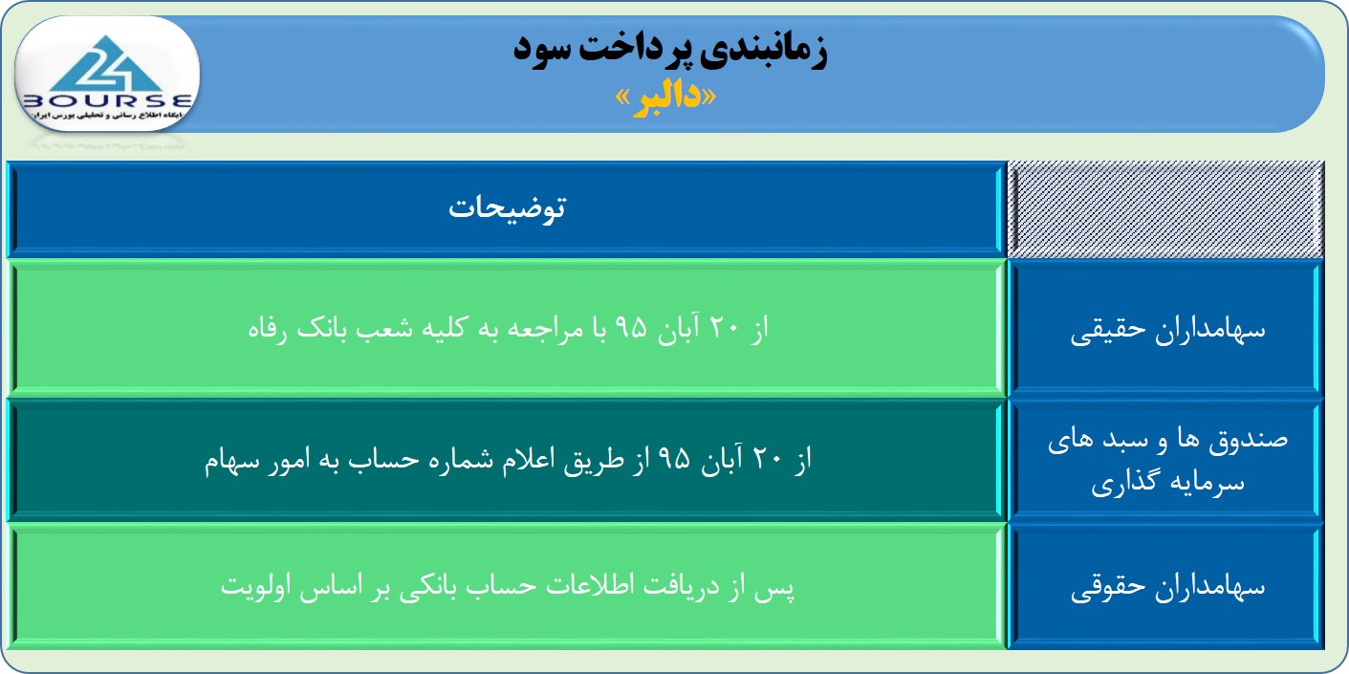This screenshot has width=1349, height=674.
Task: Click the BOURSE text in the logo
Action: [x=107, y=100]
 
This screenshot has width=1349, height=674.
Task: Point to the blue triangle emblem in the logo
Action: [x=106, y=64]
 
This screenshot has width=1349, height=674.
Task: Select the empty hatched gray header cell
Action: [x=1165, y=209]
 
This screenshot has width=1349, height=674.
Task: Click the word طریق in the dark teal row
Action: [x=594, y=462]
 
